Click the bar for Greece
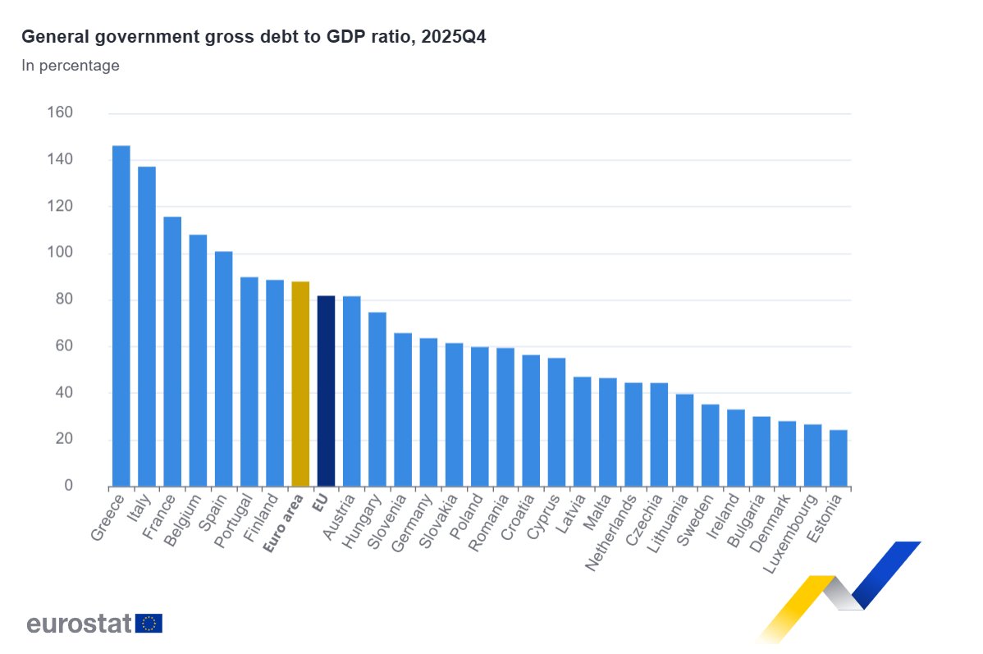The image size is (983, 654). pos(121,316)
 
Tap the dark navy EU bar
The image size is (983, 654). pos(326,391)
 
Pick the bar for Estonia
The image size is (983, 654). pos(838,458)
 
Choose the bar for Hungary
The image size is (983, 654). pos(377,399)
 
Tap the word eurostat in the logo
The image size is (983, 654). pos(79,624)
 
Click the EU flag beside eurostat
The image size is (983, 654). pos(149,624)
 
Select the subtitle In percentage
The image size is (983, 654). pos(71,66)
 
